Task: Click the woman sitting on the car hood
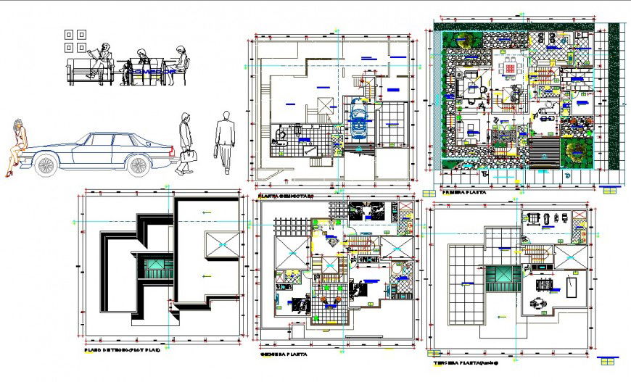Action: (17, 147)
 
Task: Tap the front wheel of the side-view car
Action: (46, 165)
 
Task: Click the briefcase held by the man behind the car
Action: (187, 155)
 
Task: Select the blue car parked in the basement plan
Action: (359, 119)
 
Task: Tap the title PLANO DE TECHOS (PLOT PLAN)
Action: (122, 350)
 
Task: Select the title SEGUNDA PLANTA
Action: (283, 354)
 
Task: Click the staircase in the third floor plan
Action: (537, 253)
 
